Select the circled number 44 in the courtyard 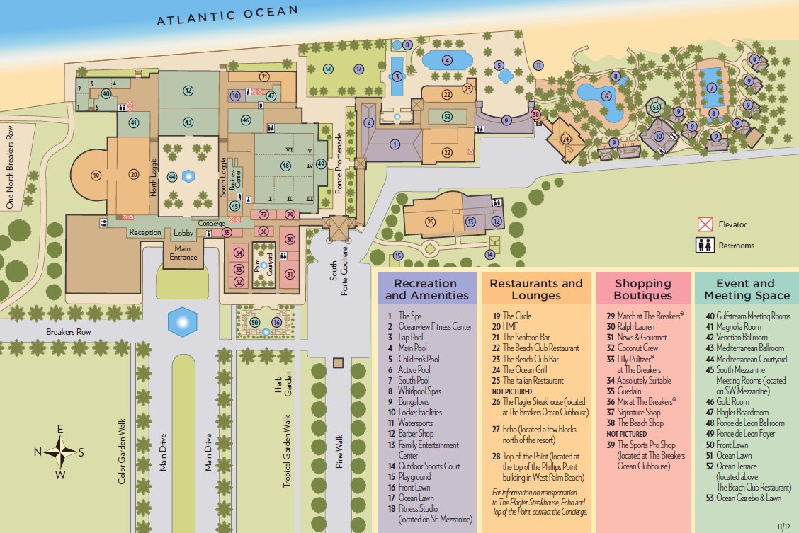(x=171, y=176)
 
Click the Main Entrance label (x=183, y=252)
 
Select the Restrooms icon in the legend (x=704, y=246)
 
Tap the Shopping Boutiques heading (x=643, y=289)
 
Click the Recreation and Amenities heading (x=427, y=289)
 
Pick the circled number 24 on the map (x=565, y=139)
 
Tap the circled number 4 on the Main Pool (x=447, y=60)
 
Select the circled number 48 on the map (x=285, y=165)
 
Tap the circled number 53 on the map (x=656, y=108)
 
